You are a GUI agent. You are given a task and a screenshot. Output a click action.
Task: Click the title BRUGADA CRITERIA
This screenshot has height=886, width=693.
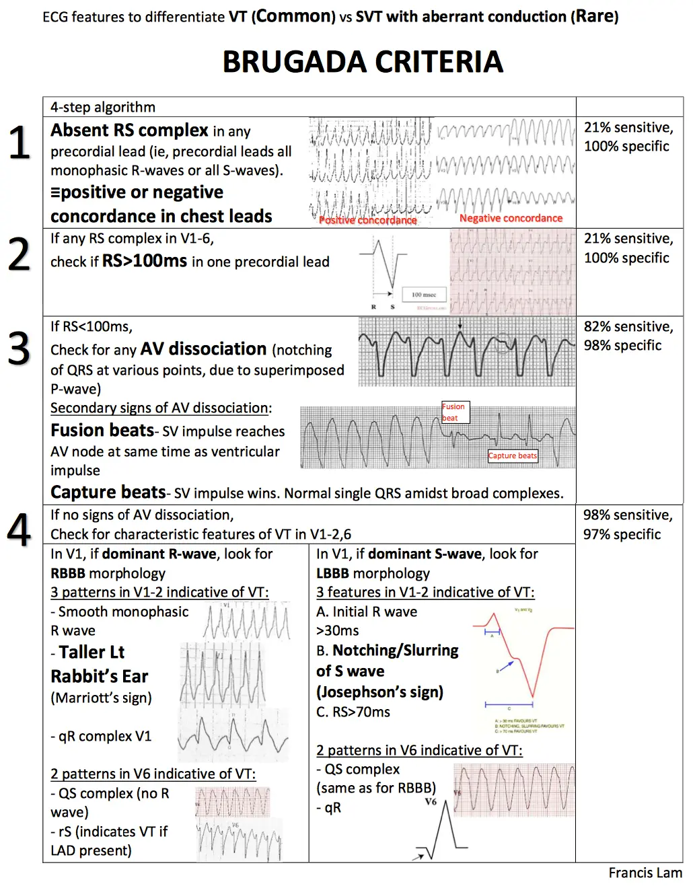(x=363, y=63)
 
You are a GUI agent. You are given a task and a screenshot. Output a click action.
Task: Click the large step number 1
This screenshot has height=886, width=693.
(x=20, y=143)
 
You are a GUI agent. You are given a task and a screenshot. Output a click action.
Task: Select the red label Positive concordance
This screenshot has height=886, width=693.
(x=367, y=220)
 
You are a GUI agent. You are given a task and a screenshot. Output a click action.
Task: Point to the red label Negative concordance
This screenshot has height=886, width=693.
(x=511, y=218)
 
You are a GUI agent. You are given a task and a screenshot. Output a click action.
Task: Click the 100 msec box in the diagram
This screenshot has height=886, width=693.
(x=424, y=295)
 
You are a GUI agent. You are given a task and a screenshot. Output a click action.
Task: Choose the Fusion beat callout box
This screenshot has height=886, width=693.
(x=455, y=412)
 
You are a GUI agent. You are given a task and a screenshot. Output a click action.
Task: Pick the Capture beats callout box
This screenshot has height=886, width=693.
(x=513, y=456)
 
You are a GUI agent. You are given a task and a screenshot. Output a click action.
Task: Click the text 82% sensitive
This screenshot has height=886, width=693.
(x=628, y=326)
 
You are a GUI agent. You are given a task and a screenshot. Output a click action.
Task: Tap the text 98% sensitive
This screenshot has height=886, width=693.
(x=627, y=515)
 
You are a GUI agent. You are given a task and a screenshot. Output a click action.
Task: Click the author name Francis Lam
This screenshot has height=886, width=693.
(x=645, y=873)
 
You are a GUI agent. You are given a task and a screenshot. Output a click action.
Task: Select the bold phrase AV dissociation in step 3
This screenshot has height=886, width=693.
(x=203, y=349)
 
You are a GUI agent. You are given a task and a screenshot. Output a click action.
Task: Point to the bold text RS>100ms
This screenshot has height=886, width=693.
(x=144, y=261)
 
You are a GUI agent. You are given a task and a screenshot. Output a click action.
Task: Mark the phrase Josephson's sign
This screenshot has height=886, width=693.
(x=380, y=692)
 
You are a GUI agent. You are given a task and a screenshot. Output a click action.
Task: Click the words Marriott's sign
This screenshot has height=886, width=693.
(x=102, y=698)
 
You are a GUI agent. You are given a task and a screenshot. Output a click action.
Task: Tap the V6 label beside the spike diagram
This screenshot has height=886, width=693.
(x=431, y=802)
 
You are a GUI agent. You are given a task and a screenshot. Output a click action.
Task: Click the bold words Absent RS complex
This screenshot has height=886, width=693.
(x=129, y=130)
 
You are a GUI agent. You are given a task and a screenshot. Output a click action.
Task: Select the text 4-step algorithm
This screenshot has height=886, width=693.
(x=102, y=107)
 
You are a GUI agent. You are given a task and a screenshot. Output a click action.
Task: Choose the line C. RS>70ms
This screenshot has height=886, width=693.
(x=353, y=712)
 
